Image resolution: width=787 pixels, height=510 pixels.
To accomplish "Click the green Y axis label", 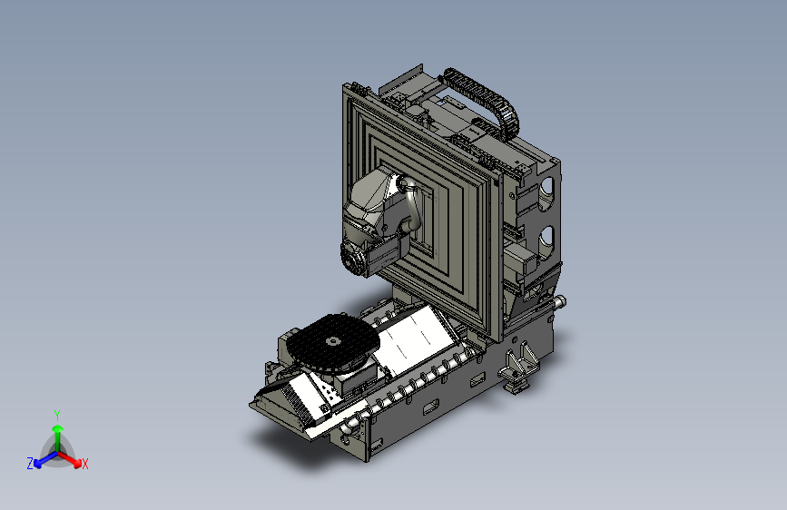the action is (57, 415).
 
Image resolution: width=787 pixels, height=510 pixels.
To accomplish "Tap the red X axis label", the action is (84, 464).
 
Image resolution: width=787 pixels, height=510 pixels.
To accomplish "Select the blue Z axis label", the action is (30, 464).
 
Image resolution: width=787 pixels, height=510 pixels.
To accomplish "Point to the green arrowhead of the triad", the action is (58, 429).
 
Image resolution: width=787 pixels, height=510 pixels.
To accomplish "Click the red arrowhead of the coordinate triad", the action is (77, 463).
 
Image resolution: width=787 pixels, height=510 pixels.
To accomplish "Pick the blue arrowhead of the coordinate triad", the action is (38, 464).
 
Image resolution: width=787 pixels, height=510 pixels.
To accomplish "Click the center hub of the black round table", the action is (333, 341).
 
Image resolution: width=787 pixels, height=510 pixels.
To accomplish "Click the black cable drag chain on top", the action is (483, 97).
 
